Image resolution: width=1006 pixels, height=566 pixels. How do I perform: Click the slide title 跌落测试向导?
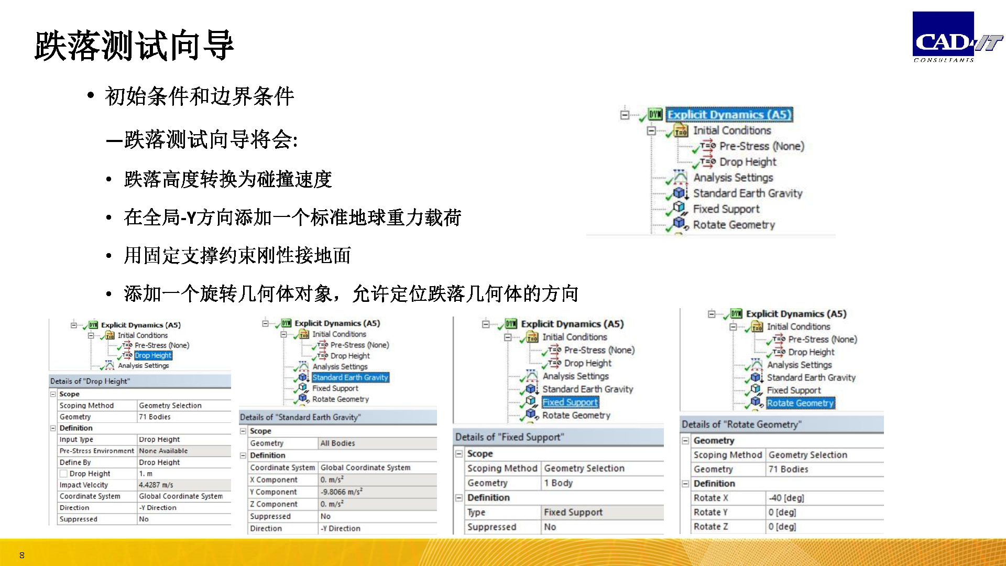coord(134,46)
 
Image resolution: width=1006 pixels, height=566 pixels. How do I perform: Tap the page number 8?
coord(21,555)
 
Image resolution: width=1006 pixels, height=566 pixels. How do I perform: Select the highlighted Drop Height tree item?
coord(153,355)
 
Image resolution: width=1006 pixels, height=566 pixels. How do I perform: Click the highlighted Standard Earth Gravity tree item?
coord(351,377)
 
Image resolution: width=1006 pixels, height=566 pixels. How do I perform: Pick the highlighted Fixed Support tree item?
coord(570,402)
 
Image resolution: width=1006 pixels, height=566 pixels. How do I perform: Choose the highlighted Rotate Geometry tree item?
coord(800,403)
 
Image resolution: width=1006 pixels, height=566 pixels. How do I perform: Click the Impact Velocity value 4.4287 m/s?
coord(156,485)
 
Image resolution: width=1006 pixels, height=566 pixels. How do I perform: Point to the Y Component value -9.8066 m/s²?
coord(342,492)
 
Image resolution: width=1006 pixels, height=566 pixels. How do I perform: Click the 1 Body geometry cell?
coord(559,483)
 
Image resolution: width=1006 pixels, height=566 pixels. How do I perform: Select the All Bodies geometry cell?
coord(337,443)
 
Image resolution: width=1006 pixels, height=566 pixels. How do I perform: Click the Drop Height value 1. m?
coord(146,474)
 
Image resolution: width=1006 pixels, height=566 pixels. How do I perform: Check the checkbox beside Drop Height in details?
coord(63,474)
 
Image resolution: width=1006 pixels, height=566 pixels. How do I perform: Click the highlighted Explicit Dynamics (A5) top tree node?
coord(729,114)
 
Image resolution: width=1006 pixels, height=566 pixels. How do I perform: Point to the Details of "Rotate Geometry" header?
coord(742,424)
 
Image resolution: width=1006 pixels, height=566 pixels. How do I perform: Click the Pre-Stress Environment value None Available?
coord(163,451)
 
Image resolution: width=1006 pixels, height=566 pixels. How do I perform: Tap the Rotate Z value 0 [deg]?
coord(782,527)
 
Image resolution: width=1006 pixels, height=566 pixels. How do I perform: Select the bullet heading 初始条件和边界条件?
coord(200,96)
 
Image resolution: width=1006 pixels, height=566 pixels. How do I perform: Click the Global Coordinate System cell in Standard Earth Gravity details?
coord(366,467)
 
